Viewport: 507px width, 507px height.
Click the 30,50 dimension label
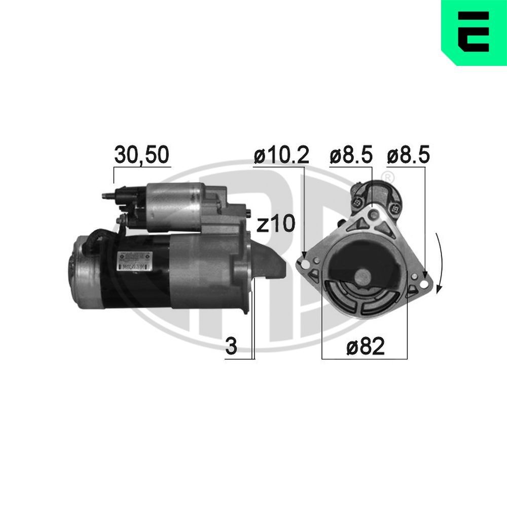(x=141, y=156)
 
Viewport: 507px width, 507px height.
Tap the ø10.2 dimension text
(x=281, y=156)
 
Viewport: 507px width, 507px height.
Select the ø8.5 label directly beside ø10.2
(x=351, y=156)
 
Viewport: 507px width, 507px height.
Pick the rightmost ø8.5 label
(x=408, y=156)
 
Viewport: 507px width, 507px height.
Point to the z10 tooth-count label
(x=275, y=224)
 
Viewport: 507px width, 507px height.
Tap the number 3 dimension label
(x=231, y=348)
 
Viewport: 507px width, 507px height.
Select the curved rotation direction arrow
(x=441, y=264)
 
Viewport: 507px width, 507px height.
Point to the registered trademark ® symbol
(x=387, y=177)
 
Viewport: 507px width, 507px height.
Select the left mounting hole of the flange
(x=304, y=264)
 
